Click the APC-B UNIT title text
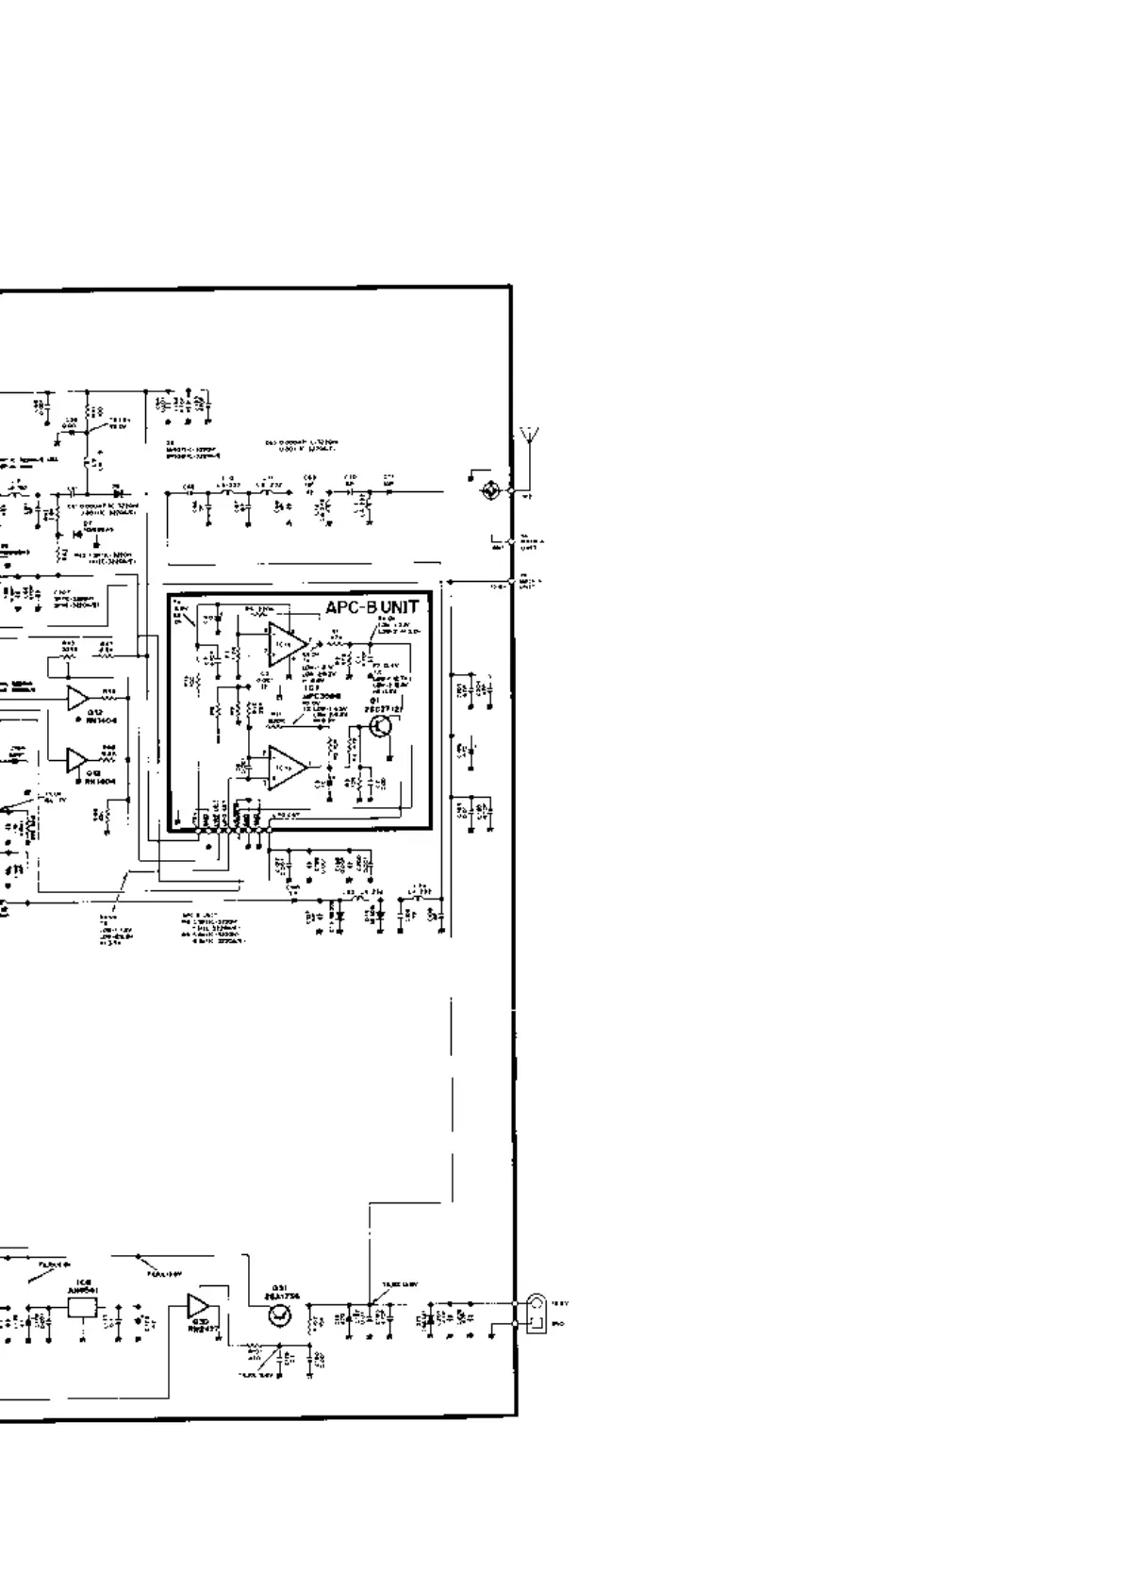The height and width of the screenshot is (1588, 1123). [x=372, y=607]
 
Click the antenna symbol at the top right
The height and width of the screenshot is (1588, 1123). [x=529, y=440]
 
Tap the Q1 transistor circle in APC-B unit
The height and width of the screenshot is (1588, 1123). [x=382, y=726]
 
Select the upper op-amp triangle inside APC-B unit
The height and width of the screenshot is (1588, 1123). [x=287, y=643]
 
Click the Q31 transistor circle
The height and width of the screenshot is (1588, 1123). [x=279, y=1318]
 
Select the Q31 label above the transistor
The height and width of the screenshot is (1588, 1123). [x=278, y=1293]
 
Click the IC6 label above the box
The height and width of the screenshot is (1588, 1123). [x=83, y=1285]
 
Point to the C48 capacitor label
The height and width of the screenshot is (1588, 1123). [x=189, y=487]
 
